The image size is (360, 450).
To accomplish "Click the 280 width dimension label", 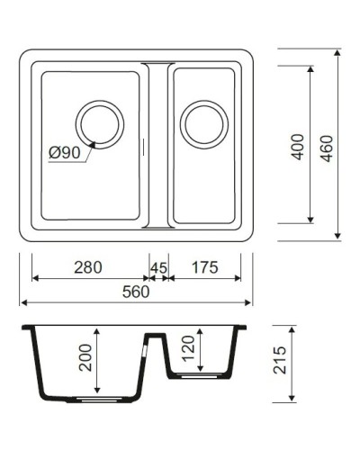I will [88, 267].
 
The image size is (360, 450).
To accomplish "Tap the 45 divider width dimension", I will [158, 267].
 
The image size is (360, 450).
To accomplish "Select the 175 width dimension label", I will [204, 267].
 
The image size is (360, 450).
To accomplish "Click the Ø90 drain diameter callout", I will [65, 153].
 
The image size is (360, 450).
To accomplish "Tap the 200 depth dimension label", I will [86, 362].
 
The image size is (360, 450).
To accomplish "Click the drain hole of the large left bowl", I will [98, 123].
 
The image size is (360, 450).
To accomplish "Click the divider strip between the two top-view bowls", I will [157, 144].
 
